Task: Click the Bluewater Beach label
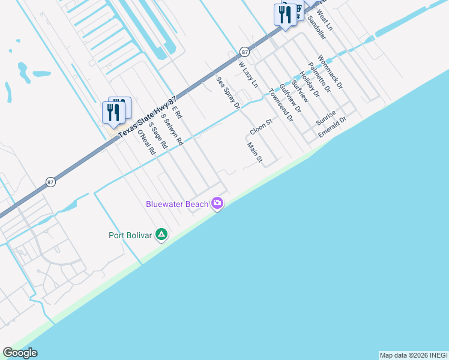(177, 204)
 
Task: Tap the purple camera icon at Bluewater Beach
(217, 204)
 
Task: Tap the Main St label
(255, 152)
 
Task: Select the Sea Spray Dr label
(228, 92)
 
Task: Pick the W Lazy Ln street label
(247, 74)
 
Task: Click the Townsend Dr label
(280, 105)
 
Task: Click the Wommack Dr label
(330, 72)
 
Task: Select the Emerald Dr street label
(333, 127)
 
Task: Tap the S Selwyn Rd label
(172, 131)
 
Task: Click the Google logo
(20, 353)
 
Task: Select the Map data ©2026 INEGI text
(413, 355)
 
